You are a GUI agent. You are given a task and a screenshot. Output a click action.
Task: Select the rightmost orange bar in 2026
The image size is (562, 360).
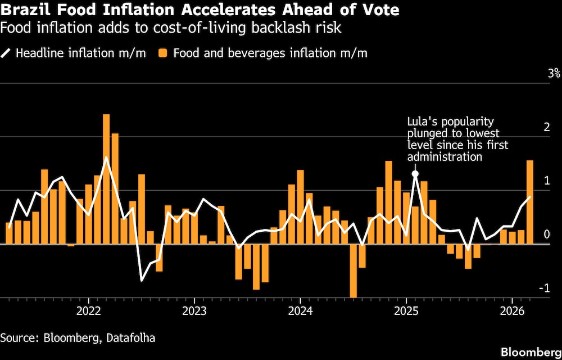coord(529,202)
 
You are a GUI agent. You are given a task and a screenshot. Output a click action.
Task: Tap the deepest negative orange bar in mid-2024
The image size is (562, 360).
coord(353,271)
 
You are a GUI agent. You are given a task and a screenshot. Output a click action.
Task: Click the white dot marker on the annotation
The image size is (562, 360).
coord(415,174)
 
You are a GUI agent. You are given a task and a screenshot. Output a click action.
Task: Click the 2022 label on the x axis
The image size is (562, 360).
coord(88,310)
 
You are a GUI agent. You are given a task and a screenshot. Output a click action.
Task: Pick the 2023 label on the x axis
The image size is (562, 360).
coord(194,310)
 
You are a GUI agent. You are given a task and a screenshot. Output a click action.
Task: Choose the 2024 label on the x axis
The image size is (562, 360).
coord(300,310)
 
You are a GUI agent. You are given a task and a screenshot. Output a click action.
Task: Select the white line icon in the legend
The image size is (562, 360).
coord(6,53)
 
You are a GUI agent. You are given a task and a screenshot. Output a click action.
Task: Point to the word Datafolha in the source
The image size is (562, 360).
coord(131,337)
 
